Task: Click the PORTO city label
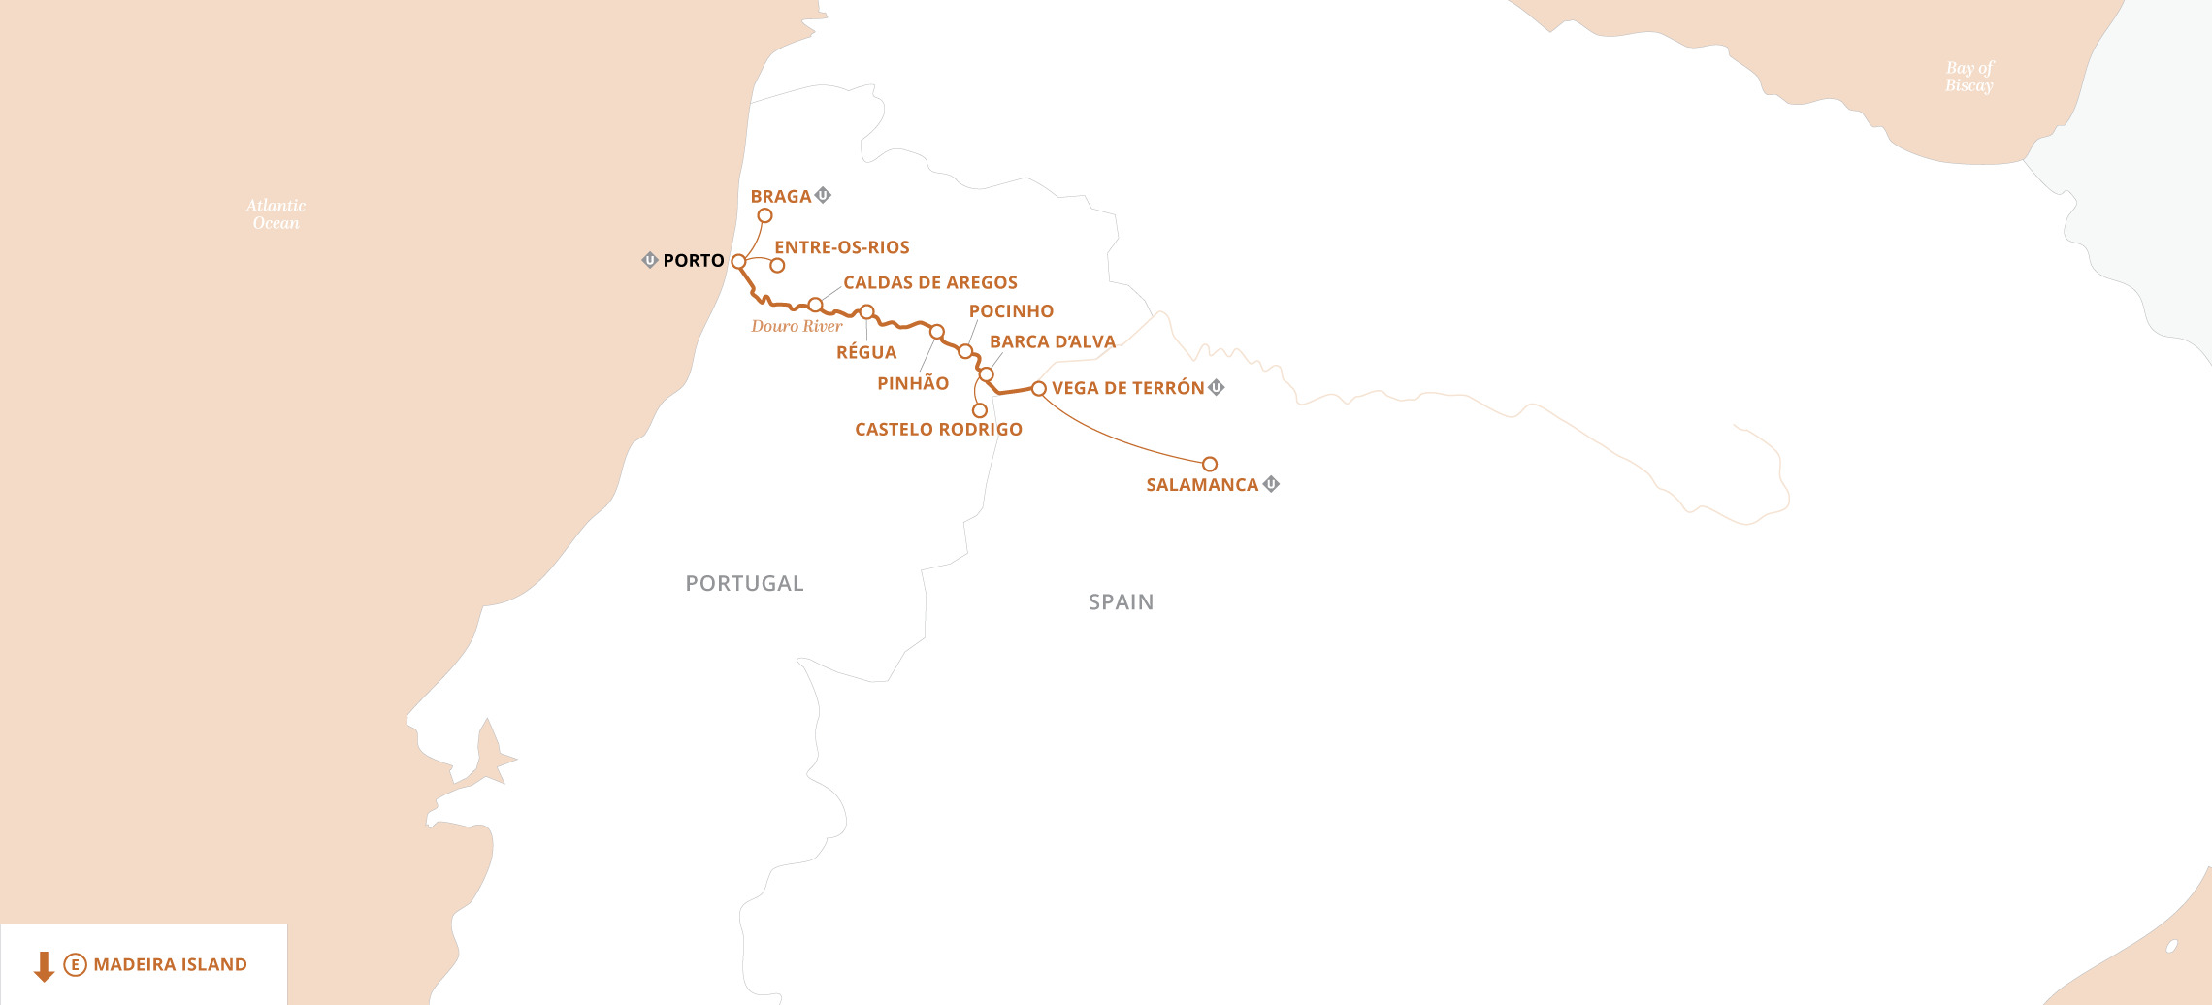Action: (x=693, y=260)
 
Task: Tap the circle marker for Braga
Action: (x=764, y=215)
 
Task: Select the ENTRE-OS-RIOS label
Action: (x=841, y=247)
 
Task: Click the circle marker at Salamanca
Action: (x=1209, y=464)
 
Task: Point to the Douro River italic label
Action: (x=796, y=326)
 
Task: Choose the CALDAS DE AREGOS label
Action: (x=929, y=282)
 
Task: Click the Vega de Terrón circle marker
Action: (x=1038, y=388)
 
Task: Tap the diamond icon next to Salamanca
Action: (x=1271, y=483)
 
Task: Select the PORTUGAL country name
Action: (x=744, y=583)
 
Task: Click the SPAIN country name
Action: (x=1121, y=601)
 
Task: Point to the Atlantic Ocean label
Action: (x=276, y=214)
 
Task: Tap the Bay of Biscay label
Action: (x=1968, y=77)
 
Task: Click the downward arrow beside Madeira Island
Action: (x=44, y=965)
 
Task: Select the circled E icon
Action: (x=75, y=964)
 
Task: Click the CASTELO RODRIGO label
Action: (x=937, y=429)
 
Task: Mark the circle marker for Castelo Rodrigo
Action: (x=979, y=410)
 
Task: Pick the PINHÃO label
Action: (x=912, y=383)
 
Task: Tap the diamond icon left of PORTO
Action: (x=650, y=260)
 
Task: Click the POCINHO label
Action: (x=1010, y=311)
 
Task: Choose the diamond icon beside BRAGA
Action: (x=823, y=195)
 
